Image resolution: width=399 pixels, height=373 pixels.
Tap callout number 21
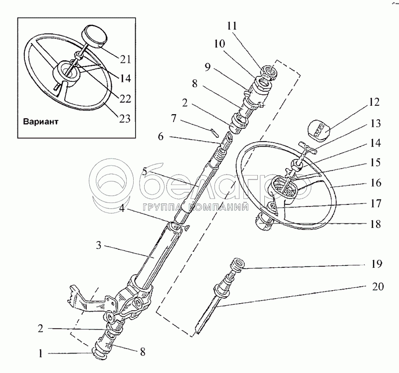click(125, 59)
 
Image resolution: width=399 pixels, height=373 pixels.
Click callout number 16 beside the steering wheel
click(375, 183)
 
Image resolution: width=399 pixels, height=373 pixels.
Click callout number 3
click(99, 245)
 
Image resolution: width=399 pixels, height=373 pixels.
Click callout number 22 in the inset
click(125, 98)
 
